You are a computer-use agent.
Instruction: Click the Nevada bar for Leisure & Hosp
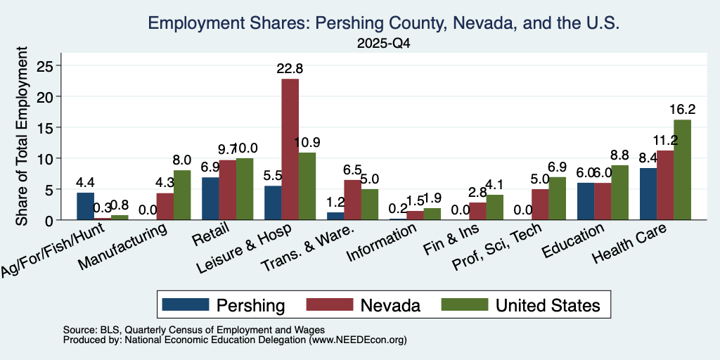coord(290,149)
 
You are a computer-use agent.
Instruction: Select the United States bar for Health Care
coord(682,170)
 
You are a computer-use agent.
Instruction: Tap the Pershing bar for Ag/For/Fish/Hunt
coord(85,206)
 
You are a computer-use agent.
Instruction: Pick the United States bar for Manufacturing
coord(169,195)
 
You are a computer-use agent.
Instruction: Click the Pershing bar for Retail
coord(210,198)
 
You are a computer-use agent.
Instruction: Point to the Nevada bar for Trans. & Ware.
coord(353,200)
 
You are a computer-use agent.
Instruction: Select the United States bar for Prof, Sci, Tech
coord(557,198)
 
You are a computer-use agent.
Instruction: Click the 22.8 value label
coord(290,69)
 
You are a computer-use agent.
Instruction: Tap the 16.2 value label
coord(682,110)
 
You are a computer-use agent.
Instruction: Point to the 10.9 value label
coord(307,142)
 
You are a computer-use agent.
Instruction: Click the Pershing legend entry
coord(224,305)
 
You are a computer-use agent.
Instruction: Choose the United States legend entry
coord(521,305)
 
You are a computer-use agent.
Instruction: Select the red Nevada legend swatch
coord(329,304)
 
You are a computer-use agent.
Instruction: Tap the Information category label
coord(382,242)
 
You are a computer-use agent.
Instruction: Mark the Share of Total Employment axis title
coord(22,136)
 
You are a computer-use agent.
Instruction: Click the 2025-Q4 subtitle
coord(383,44)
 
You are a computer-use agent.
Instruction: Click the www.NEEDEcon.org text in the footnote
coord(358,340)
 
